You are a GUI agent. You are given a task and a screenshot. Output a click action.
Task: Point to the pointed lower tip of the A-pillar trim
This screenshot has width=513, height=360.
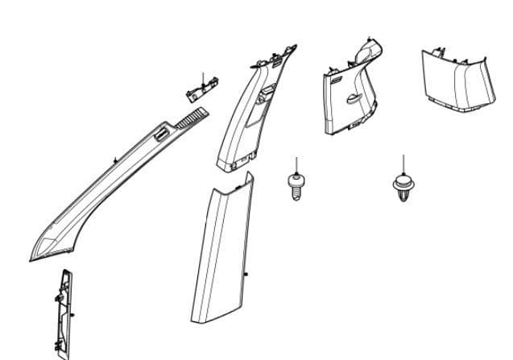point(34,256)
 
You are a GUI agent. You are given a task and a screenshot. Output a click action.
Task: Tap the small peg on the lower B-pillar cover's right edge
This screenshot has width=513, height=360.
point(247,275)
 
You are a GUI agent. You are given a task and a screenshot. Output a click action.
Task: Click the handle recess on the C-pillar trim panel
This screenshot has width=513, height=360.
point(351,100)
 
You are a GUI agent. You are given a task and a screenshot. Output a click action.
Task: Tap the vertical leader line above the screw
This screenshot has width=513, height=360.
point(297,164)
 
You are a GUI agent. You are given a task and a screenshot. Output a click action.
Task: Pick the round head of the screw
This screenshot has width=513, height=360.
point(296,178)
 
